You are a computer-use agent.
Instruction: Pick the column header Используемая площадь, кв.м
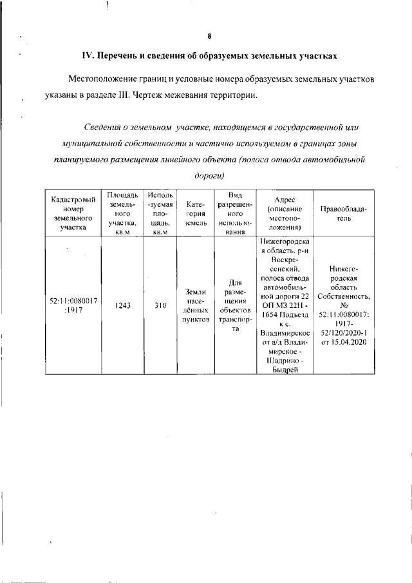tap(160, 212)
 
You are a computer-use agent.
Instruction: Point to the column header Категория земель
tap(195, 212)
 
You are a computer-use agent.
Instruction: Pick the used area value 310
tap(160, 305)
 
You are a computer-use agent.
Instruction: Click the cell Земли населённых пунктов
tap(195, 305)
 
